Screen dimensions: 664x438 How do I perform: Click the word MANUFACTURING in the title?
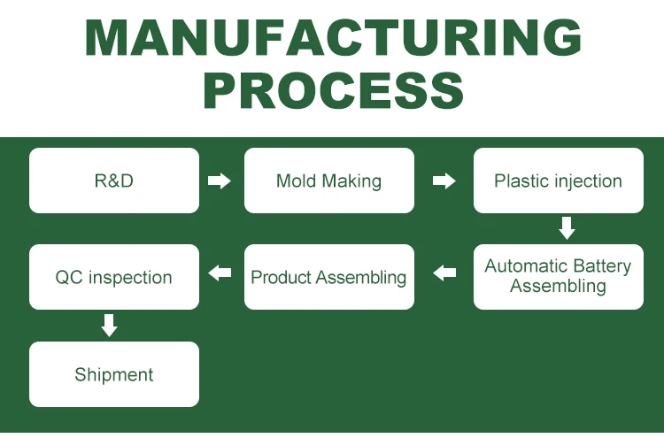pyautogui.click(x=333, y=37)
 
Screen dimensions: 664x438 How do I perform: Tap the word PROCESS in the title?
pyautogui.click(x=334, y=90)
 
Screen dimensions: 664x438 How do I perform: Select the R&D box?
pyautogui.click(x=114, y=181)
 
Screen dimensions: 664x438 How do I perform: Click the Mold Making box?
pyautogui.click(x=329, y=181)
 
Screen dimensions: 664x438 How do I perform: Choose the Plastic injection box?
pyautogui.click(x=558, y=181)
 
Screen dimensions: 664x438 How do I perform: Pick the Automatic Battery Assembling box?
pyautogui.click(x=558, y=277)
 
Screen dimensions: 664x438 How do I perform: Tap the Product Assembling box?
pyautogui.click(x=329, y=277)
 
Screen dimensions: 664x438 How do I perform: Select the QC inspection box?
pyautogui.click(x=114, y=277)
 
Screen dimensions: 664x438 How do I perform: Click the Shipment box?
pyautogui.click(x=114, y=374)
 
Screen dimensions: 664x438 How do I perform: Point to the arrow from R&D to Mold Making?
pyautogui.click(x=220, y=181)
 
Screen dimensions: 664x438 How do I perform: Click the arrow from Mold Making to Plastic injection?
pyautogui.click(x=444, y=181)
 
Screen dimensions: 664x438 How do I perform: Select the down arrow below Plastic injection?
pyautogui.click(x=567, y=228)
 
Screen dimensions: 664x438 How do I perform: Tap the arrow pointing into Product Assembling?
pyautogui.click(x=444, y=273)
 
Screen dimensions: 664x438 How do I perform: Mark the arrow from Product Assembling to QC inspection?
pyautogui.click(x=220, y=273)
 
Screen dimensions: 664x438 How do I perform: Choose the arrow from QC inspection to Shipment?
pyautogui.click(x=109, y=326)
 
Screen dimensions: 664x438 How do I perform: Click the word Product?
pyautogui.click(x=282, y=277)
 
